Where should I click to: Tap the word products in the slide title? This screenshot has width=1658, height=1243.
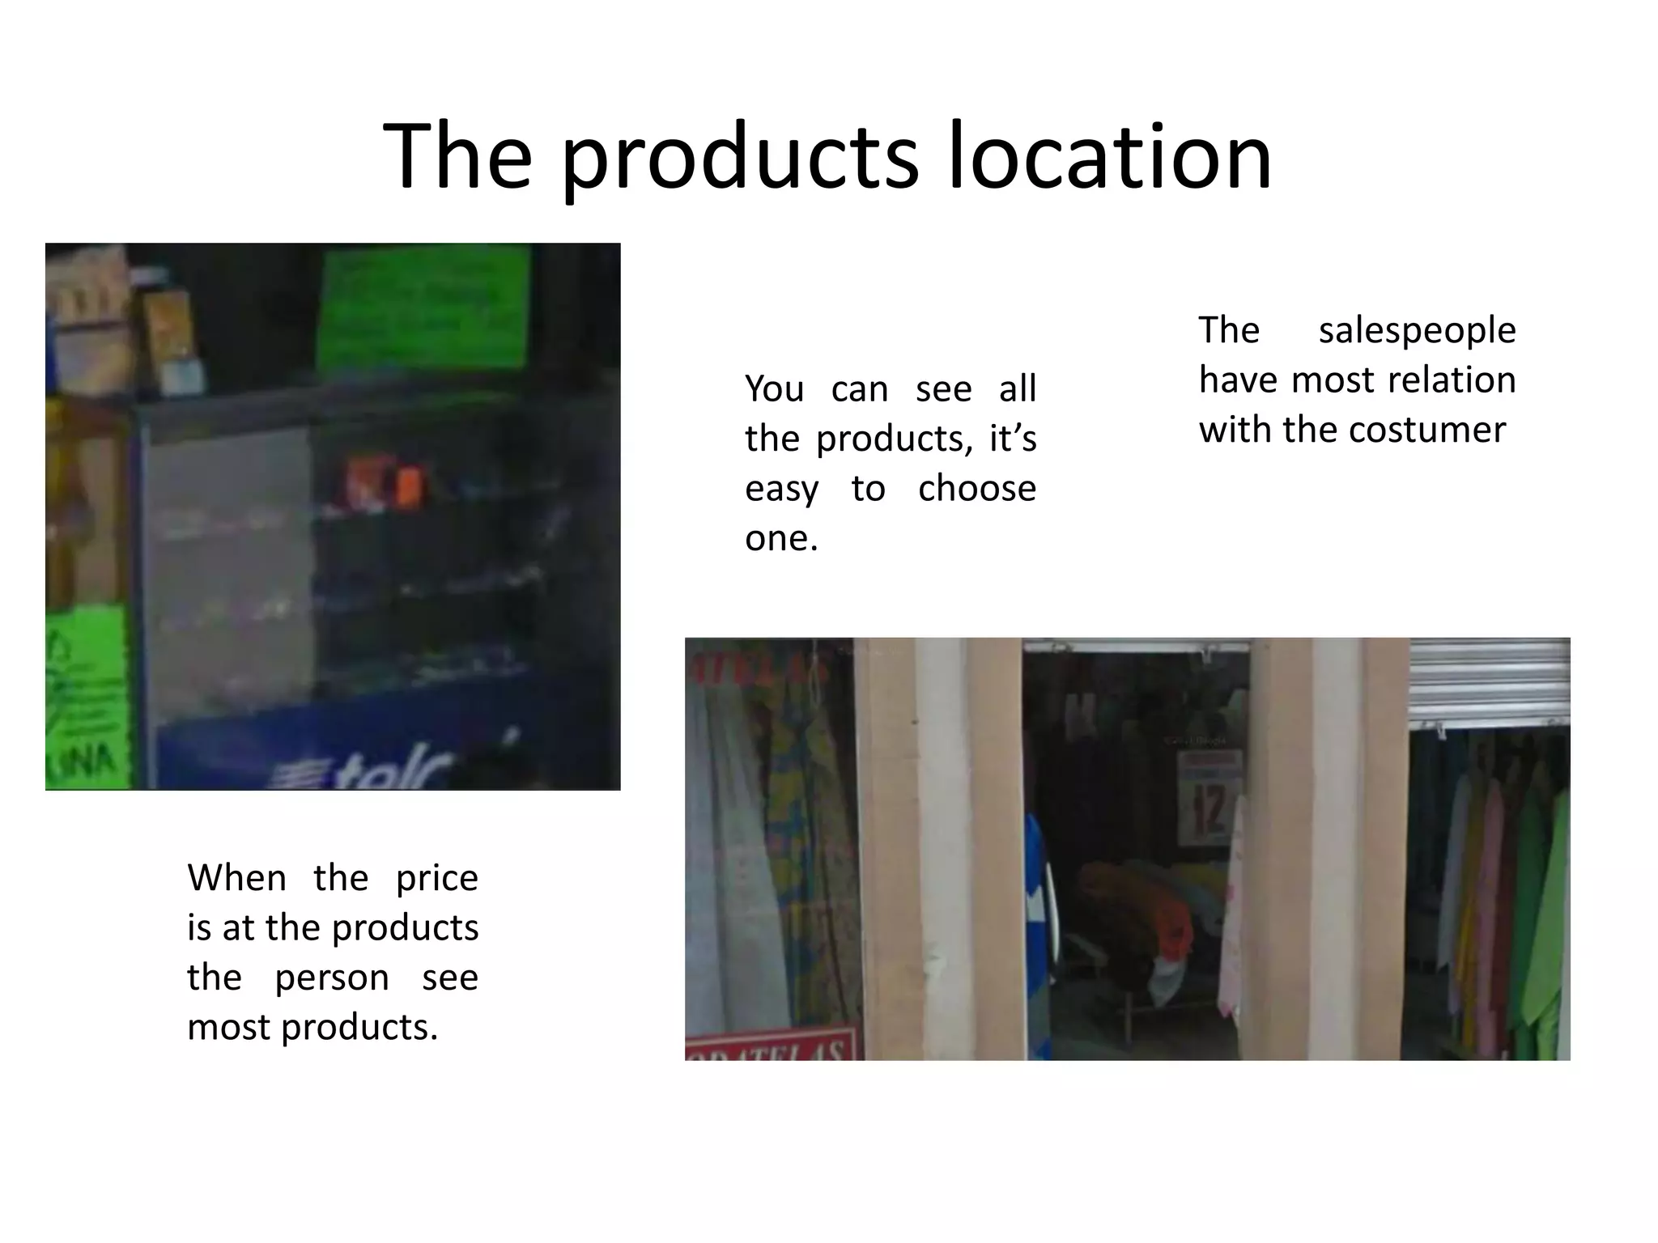click(x=740, y=158)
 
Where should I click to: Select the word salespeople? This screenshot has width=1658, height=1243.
click(x=1417, y=331)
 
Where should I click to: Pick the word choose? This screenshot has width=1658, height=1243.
click(x=976, y=489)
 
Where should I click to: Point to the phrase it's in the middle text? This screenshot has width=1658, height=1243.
click(x=1012, y=439)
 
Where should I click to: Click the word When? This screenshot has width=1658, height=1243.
click(x=236, y=878)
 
